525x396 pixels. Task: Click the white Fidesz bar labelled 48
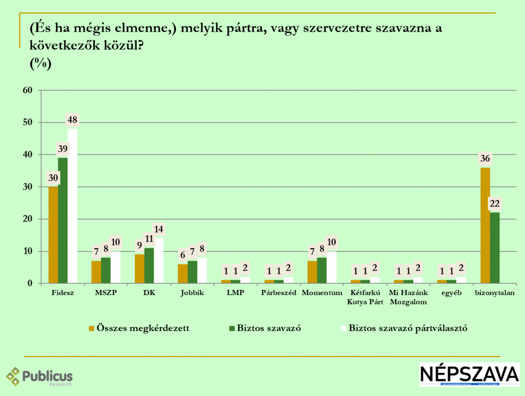tap(72, 205)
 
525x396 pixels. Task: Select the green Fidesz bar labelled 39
tap(63, 220)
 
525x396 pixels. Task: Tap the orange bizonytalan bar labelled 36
tap(485, 225)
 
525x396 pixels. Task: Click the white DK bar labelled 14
tap(159, 261)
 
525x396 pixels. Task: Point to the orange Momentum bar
tap(312, 272)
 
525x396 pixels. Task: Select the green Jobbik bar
tap(192, 272)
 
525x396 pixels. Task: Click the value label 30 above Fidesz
tap(53, 178)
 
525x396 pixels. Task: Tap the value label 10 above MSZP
tap(115, 242)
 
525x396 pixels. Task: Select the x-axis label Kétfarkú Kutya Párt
tap(365, 297)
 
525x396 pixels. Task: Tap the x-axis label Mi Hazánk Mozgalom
tap(408, 297)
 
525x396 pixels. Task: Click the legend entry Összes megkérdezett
tap(139, 328)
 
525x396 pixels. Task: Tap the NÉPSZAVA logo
tap(469, 374)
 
